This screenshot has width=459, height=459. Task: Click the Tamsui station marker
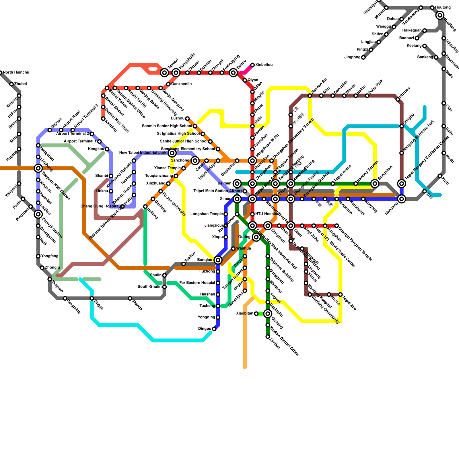pyautogui.click(x=164, y=73)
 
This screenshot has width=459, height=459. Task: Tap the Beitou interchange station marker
pyautogui.click(x=234, y=73)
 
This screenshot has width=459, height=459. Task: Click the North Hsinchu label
pyautogui.click(x=16, y=73)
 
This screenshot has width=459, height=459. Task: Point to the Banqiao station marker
pyautogui.click(x=218, y=260)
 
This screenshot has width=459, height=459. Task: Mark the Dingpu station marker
pyautogui.click(x=214, y=329)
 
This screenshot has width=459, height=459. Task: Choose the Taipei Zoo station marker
pyautogui.click(x=341, y=295)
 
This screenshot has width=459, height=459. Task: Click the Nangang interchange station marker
pyautogui.click(x=402, y=199)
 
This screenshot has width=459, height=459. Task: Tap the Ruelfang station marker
pyautogui.click(x=440, y=15)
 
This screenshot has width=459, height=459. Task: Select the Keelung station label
pyautogui.click(x=414, y=46)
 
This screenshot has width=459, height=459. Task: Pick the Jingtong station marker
pyautogui.click(x=363, y=57)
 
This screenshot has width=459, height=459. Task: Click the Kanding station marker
pyautogui.click(x=103, y=118)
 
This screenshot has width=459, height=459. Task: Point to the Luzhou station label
pyautogui.click(x=178, y=118)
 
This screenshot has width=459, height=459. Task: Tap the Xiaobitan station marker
pyautogui.click(x=256, y=314)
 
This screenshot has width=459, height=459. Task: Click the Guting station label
pyautogui.click(x=244, y=237)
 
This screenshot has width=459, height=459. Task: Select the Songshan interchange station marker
pyautogui.click(x=375, y=184)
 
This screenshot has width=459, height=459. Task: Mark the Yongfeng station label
pyautogui.click(x=50, y=256)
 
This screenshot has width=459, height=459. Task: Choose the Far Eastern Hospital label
pyautogui.click(x=197, y=283)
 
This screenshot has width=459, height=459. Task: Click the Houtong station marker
pyautogui.click(x=432, y=7)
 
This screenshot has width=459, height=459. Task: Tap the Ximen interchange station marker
pyautogui.click(x=237, y=199)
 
